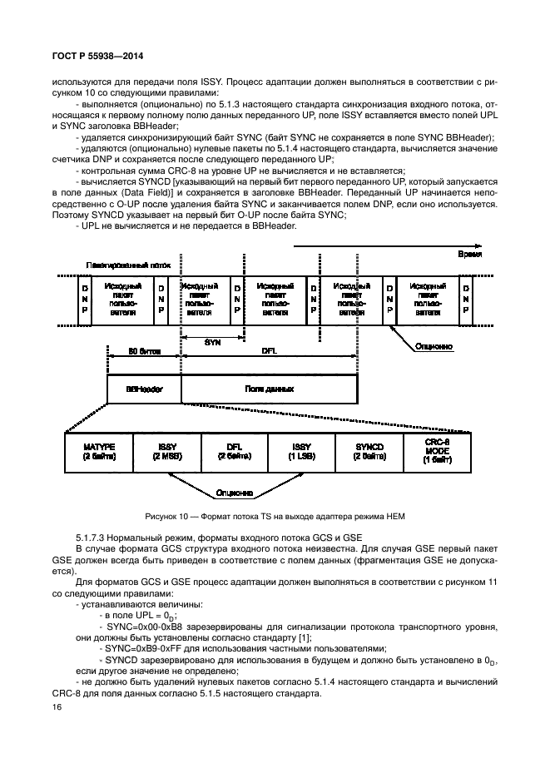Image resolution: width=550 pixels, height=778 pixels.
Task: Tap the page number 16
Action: (x=57, y=706)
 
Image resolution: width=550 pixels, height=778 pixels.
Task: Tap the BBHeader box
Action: (x=144, y=389)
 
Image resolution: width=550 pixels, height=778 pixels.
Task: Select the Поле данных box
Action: (x=269, y=389)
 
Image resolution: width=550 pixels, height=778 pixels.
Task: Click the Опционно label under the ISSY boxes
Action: (x=235, y=492)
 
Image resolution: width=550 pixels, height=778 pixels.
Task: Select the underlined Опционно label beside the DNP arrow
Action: (x=434, y=344)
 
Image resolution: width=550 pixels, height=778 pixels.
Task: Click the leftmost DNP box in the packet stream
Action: (x=84, y=300)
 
